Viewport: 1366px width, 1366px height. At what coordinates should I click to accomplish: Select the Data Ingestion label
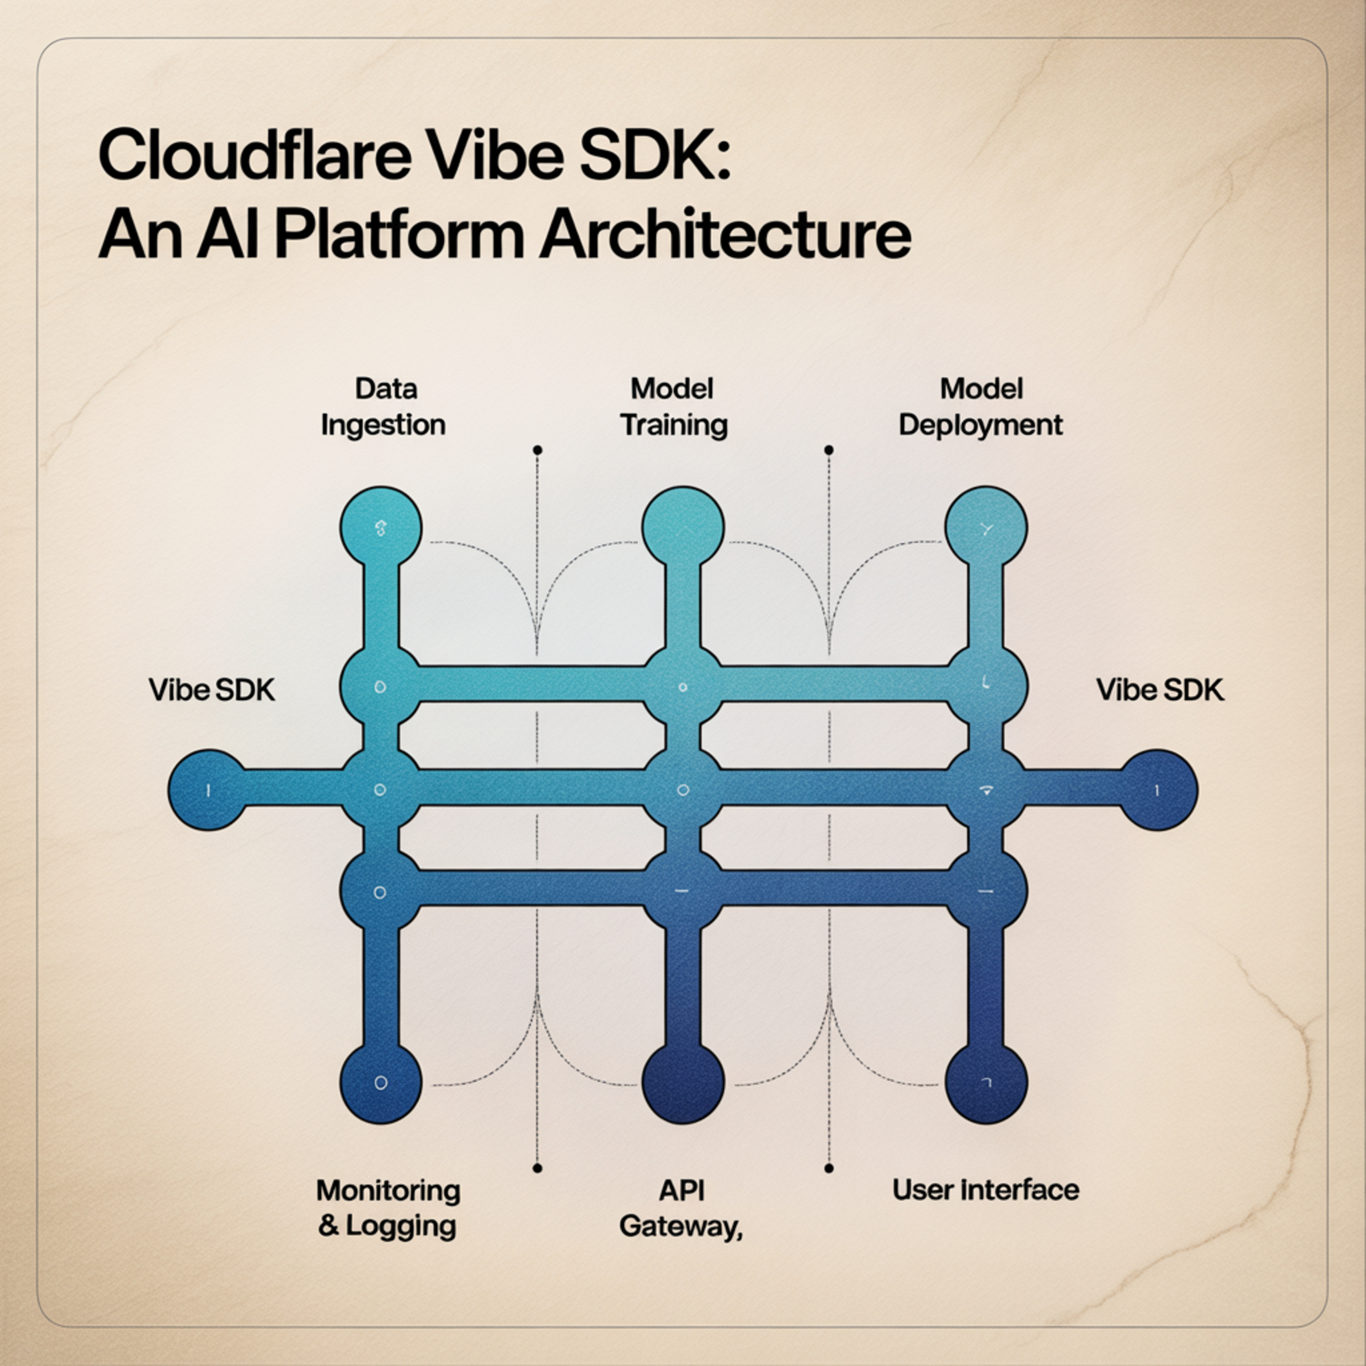(x=382, y=407)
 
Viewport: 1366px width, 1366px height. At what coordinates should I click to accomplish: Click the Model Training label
(x=673, y=407)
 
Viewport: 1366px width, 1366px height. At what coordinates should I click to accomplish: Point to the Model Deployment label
(x=981, y=407)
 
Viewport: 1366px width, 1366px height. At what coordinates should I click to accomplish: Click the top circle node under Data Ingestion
(x=381, y=527)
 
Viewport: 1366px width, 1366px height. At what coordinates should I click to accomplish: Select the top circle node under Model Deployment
(x=986, y=527)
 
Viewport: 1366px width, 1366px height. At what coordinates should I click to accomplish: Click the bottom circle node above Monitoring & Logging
(x=381, y=1082)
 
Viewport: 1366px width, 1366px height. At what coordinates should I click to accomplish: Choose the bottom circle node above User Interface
(x=986, y=1082)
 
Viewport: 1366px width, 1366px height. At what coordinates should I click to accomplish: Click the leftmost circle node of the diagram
(x=209, y=790)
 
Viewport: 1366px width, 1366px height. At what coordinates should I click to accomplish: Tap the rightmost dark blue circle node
(x=1157, y=790)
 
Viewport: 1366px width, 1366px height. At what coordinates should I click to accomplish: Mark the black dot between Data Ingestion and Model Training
(x=537, y=450)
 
